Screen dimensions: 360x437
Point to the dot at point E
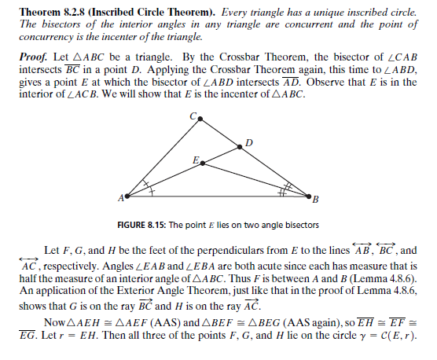point(204,163)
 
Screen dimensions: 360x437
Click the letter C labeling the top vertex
point(193,115)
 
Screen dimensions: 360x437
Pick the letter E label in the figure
point(195,160)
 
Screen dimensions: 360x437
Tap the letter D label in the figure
point(248,142)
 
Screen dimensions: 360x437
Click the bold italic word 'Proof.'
point(36,60)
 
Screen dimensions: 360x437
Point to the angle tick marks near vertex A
point(145,189)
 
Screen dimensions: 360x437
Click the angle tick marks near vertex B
point(284,189)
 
